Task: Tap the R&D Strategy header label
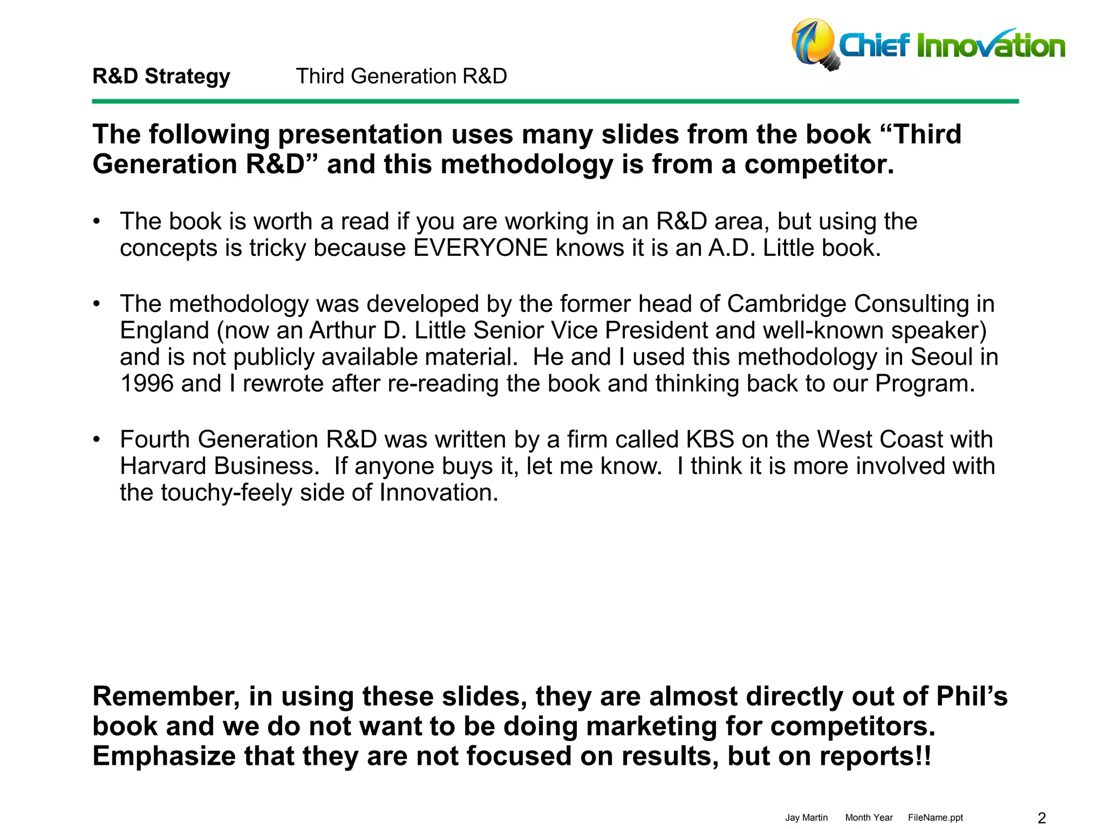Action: click(x=161, y=76)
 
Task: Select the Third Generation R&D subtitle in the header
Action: click(x=401, y=76)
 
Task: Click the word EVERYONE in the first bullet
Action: click(x=480, y=248)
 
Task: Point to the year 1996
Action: click(x=147, y=384)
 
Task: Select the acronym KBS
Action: click(x=710, y=439)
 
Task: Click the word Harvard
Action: click(x=163, y=466)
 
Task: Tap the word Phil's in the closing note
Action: click(x=971, y=696)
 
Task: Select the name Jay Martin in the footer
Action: click(x=806, y=818)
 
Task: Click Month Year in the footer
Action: click(x=869, y=818)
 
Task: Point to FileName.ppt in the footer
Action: click(x=935, y=818)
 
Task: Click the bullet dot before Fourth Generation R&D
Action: click(x=97, y=439)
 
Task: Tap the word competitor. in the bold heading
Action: click(x=819, y=164)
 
